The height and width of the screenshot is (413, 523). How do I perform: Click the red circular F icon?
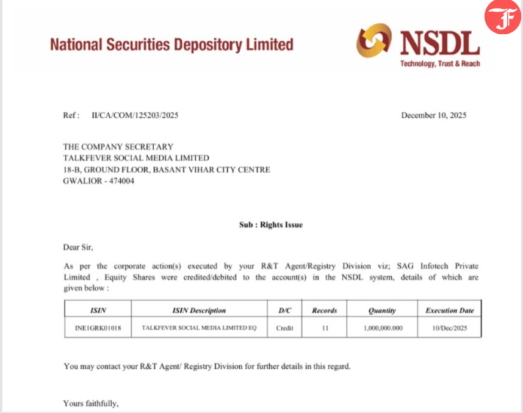[502, 18]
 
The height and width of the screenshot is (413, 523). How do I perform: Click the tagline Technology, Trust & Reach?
[439, 64]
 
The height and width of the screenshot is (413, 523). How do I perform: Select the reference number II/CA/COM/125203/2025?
[135, 115]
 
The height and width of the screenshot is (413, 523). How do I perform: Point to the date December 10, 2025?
[433, 115]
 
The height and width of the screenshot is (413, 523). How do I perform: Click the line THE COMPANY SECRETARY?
[118, 147]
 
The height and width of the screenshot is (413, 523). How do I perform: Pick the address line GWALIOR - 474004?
[99, 181]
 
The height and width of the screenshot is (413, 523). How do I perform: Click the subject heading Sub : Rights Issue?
[271, 224]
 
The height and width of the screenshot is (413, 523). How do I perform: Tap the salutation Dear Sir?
[79, 247]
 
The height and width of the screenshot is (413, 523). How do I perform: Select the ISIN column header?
[98, 311]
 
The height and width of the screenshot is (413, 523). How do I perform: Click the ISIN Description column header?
[199, 311]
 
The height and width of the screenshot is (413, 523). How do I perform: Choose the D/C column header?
[284, 311]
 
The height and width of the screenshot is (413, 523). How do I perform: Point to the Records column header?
[325, 311]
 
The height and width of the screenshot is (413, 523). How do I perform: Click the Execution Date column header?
[449, 311]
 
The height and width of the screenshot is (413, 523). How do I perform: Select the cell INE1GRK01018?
[98, 328]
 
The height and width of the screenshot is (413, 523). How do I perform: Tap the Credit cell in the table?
[284, 328]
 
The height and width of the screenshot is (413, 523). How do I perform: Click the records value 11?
[325, 328]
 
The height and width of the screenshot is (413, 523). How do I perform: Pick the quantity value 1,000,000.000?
[382, 328]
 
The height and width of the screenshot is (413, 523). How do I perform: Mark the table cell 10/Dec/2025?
[449, 328]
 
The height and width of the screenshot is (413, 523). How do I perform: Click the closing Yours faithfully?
[91, 403]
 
